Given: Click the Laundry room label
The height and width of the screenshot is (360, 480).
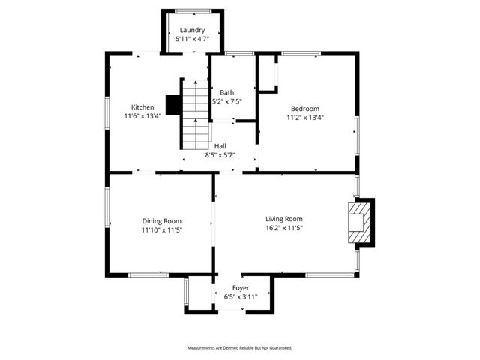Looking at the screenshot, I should (x=192, y=30).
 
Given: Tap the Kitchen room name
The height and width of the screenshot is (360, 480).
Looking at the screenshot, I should (x=142, y=107).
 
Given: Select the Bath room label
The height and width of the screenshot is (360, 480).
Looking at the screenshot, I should (x=226, y=93).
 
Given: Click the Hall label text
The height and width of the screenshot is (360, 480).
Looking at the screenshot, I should (x=220, y=146).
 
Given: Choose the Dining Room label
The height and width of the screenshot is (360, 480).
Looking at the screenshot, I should (x=162, y=221).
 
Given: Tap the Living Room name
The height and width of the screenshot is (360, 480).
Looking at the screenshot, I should (x=284, y=219).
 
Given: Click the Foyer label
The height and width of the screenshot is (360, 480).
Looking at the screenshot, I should (x=241, y=288).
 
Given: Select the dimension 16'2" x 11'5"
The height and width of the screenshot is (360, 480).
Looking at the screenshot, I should (x=284, y=228).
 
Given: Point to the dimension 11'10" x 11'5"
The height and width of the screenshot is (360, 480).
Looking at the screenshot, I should (x=162, y=230).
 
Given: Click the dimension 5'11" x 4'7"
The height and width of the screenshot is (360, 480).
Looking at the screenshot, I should (x=192, y=39).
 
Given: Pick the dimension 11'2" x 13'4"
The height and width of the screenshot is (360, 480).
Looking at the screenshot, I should (x=305, y=118).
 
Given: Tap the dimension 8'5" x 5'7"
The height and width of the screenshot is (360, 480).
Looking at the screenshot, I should (x=220, y=155).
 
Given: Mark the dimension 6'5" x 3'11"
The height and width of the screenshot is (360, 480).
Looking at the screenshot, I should (x=241, y=297).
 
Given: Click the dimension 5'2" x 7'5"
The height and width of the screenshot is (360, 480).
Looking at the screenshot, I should (x=226, y=102).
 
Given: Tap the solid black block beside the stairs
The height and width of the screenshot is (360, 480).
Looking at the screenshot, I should (x=172, y=105).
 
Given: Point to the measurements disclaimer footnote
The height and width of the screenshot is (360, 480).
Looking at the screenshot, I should (x=239, y=348).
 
